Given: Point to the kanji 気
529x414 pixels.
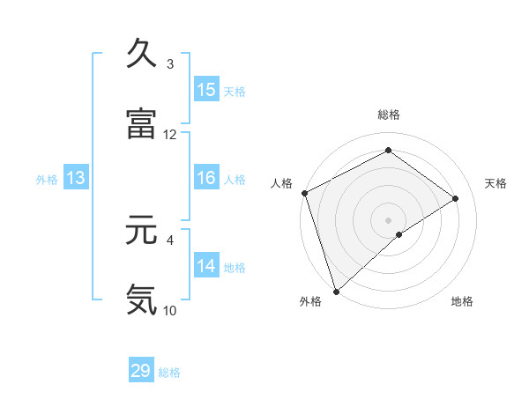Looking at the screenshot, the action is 141,299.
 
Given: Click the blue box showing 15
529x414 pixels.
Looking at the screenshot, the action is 206,90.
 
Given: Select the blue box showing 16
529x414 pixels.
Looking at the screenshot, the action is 206,178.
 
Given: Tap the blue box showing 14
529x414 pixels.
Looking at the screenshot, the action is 206,266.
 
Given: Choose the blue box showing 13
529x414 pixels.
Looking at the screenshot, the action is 76,178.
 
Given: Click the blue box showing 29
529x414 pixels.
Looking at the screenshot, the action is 141,371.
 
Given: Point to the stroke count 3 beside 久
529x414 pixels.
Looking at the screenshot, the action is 170,64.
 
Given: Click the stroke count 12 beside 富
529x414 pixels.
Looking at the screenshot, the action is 170,135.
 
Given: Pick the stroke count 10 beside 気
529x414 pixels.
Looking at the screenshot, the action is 170,310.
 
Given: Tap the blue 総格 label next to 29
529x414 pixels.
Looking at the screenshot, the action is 170,373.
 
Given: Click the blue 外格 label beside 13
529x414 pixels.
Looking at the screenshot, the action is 47,180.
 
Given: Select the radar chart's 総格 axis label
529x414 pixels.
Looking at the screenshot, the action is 388,115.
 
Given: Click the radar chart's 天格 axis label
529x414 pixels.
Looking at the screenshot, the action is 495,183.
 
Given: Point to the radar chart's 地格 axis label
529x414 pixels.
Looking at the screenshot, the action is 462,302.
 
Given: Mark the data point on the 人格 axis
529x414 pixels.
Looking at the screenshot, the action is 304,193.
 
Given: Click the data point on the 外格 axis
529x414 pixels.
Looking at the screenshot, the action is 336,291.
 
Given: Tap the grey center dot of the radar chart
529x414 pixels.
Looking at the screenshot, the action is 388,219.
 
